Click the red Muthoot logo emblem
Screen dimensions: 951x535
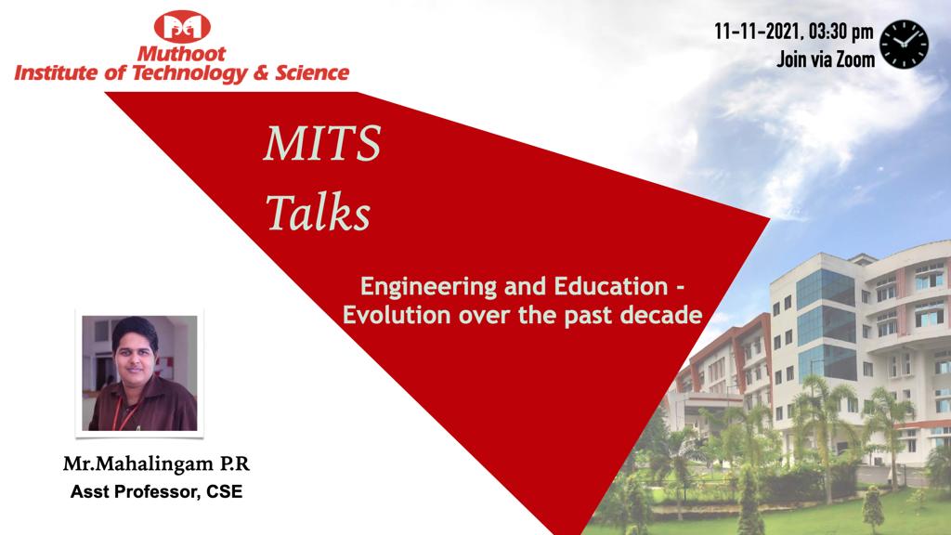pyautogui.click(x=182, y=27)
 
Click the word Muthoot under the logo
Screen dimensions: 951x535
pyautogui.click(x=181, y=54)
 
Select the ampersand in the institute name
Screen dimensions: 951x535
pyautogui.click(x=261, y=72)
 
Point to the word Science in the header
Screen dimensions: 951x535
pyautogui.click(x=312, y=72)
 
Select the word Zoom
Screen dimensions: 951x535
pyautogui.click(x=855, y=59)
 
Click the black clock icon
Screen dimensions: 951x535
pyautogui.click(x=904, y=45)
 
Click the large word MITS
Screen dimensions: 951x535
pyautogui.click(x=322, y=143)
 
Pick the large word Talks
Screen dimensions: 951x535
pyautogui.click(x=318, y=213)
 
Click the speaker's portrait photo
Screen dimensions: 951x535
pyautogui.click(x=139, y=373)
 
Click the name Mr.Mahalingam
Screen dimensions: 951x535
pyautogui.click(x=139, y=464)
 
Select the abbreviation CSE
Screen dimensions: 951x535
pyautogui.click(x=225, y=491)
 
